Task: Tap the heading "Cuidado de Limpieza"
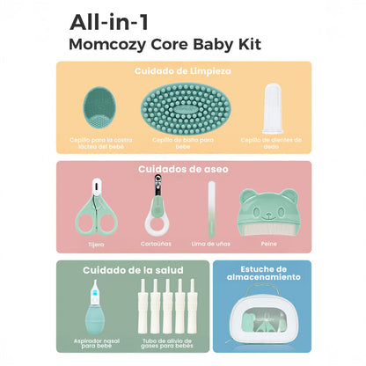[183, 70]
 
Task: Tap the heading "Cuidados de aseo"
[183, 170]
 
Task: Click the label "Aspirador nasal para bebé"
[97, 342]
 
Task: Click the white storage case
[262, 321]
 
